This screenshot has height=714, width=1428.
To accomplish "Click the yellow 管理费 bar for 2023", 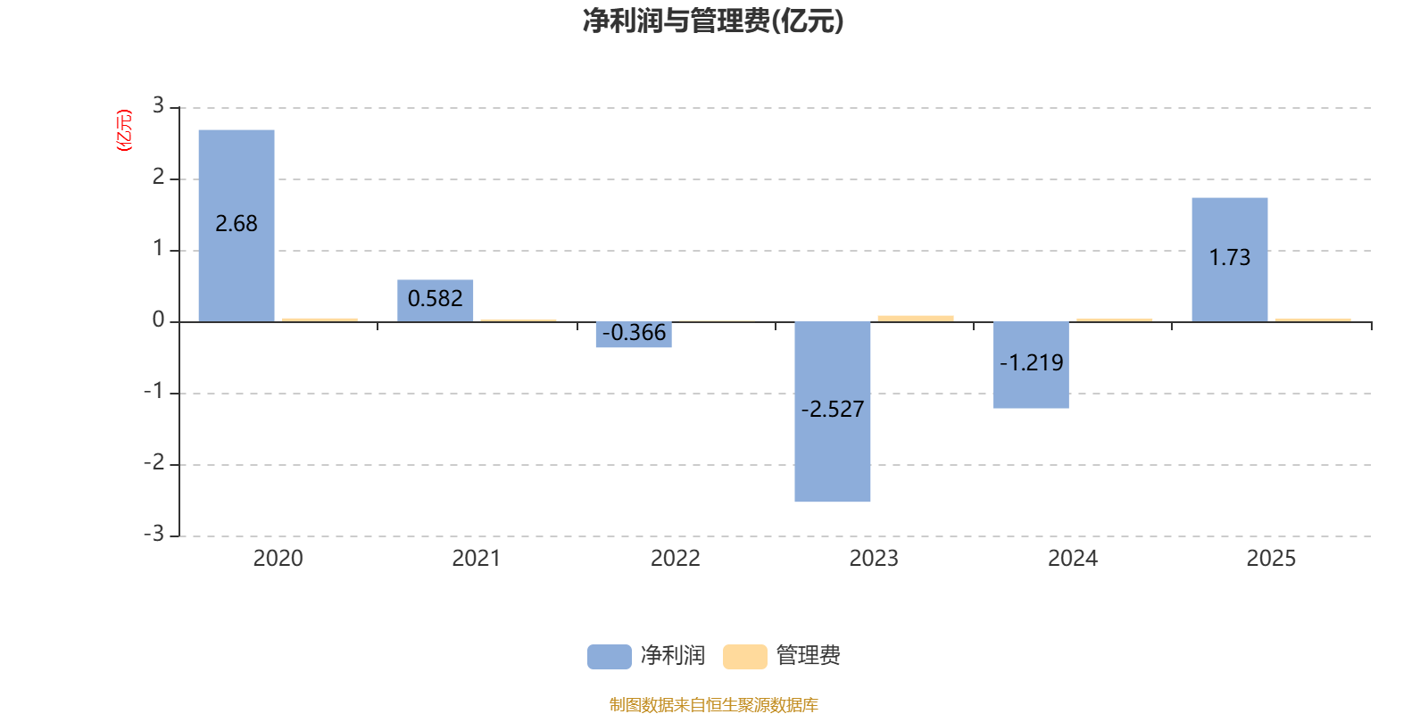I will (916, 318).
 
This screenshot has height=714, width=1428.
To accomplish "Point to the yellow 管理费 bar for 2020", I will (320, 319).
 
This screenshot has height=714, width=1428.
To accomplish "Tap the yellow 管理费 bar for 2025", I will (1313, 319).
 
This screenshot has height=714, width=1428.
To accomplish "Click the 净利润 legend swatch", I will (610, 656).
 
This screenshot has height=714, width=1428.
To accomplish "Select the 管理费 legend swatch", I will (745, 656).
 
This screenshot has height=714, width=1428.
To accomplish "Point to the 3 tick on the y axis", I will (158, 106).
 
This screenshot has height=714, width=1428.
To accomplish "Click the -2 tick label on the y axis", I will (154, 462).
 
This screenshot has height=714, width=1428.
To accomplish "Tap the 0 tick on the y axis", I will (158, 320).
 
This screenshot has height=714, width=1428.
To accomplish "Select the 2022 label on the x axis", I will (676, 558).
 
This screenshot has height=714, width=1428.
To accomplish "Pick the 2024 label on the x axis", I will (1073, 558).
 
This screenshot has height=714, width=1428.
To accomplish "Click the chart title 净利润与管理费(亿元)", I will (713, 21).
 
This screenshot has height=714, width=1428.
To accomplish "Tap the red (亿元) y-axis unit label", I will (124, 130).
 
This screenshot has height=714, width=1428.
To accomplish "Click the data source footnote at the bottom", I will (713, 704).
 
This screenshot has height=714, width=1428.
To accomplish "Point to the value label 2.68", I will (237, 223).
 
